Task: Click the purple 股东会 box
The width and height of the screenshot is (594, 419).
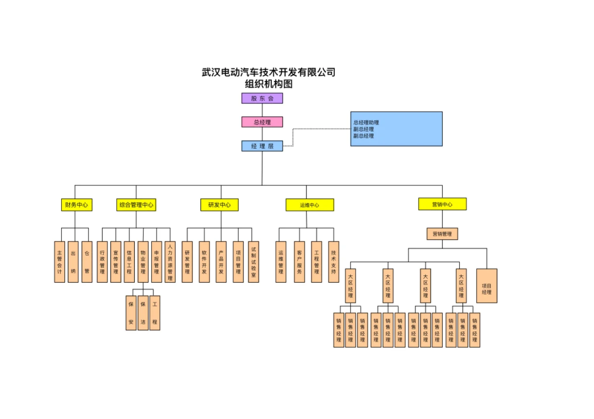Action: [262, 98]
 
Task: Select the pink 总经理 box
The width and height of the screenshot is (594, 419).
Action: [262, 122]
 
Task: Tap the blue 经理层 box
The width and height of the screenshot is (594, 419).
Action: [262, 146]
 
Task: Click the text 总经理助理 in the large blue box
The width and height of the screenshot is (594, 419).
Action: [366, 123]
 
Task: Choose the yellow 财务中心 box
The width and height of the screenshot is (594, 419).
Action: [76, 205]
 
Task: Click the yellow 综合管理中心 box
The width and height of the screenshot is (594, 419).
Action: [136, 205]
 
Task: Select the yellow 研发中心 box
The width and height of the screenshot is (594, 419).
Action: [219, 205]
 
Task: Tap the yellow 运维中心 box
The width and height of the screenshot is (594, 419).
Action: [309, 205]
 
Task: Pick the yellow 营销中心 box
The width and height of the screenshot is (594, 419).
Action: [442, 204]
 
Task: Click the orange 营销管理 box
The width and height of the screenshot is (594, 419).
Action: [442, 234]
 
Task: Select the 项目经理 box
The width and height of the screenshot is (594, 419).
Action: [487, 286]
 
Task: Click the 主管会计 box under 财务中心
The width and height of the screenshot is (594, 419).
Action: [59, 262]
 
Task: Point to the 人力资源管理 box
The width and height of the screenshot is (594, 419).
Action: [170, 262]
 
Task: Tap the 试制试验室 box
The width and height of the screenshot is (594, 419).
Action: [254, 262]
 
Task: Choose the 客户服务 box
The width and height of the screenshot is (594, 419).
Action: [299, 262]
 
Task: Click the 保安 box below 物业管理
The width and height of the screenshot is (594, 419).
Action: [131, 313]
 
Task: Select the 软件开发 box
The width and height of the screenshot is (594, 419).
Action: [204, 262]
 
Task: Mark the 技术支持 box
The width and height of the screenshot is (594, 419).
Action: [333, 262]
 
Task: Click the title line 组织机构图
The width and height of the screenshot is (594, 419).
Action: [268, 84]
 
